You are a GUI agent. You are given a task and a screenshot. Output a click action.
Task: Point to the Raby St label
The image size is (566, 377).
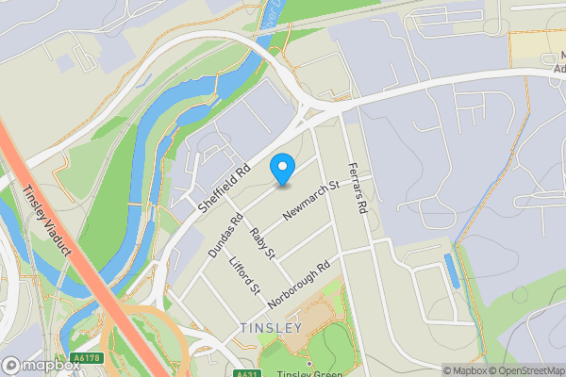click(261, 241)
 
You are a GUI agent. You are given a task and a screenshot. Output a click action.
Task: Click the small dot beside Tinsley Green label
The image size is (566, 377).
click(308, 362)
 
